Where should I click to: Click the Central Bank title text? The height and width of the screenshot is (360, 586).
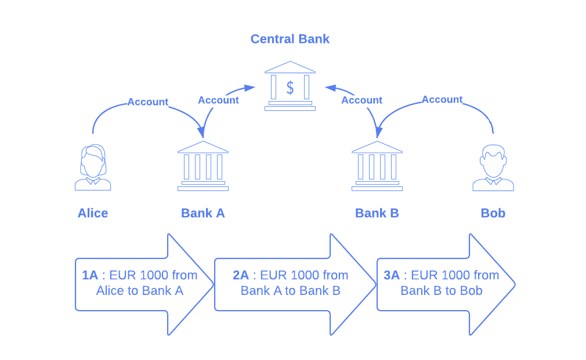point(290,39)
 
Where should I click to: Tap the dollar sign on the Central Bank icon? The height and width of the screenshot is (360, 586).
point(290,88)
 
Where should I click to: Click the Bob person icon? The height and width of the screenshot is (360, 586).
point(493,168)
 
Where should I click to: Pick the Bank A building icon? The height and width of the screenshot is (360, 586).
point(203,166)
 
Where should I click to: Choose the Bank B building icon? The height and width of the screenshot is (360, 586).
point(377,166)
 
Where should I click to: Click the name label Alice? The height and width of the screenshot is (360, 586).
point(93,213)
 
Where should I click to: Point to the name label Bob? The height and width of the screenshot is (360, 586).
point(493,213)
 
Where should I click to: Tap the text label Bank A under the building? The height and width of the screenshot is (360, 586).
point(203,213)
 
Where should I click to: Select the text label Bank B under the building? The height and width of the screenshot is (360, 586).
point(377,213)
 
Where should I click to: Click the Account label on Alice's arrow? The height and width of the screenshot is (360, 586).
point(148,102)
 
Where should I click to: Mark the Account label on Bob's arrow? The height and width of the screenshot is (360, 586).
point(442,99)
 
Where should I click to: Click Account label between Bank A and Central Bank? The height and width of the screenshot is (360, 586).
point(218,100)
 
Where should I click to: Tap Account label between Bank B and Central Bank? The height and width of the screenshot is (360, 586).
point(361,100)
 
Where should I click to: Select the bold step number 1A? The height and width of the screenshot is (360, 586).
point(90,275)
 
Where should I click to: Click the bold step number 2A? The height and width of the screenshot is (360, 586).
point(241,275)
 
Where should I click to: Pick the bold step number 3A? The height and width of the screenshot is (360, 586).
point(392,275)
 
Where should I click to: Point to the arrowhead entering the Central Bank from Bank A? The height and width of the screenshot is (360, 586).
point(251,88)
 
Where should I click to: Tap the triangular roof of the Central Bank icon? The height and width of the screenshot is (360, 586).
point(290,67)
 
